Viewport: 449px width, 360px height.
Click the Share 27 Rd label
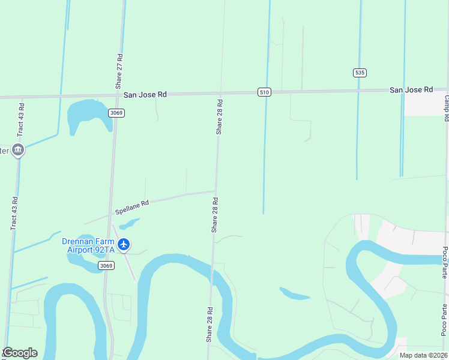[120, 71]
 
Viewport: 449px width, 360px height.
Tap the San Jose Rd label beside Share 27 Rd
[145, 95]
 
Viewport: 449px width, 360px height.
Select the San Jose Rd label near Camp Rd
[411, 89]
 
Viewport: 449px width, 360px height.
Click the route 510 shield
[265, 92]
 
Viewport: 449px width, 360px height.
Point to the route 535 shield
[359, 73]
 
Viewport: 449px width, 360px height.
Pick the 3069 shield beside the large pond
[116, 113]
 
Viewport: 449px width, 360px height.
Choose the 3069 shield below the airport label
[106, 266]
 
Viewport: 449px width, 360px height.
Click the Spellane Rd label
[131, 208]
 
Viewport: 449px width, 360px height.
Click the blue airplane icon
[124, 244]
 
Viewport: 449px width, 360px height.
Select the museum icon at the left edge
[18, 149]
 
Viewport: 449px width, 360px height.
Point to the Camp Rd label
[447, 108]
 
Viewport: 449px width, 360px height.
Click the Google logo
[20, 353]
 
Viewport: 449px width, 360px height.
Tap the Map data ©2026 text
[423, 355]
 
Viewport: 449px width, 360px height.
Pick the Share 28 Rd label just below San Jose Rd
[219, 116]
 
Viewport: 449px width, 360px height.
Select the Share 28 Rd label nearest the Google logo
[210, 325]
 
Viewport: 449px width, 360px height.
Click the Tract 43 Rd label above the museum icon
[21, 120]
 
